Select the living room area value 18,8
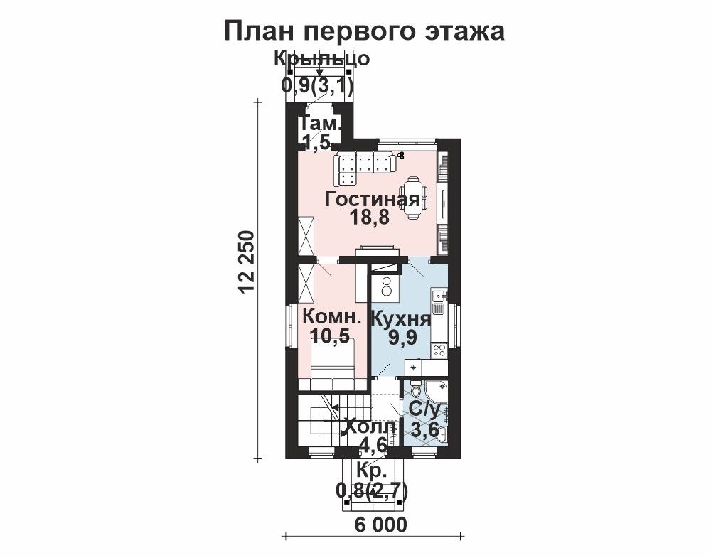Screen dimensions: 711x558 point(370,218)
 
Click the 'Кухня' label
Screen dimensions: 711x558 point(401,319)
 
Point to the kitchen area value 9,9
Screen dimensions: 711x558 point(402,337)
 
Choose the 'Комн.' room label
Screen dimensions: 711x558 point(332,316)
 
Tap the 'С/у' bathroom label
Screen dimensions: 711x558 point(424,410)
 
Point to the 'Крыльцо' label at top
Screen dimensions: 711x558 point(321,58)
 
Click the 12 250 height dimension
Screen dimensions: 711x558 point(246,263)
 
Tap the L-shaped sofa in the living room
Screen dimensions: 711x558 point(361,168)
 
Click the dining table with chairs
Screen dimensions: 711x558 point(413,198)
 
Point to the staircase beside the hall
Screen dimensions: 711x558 point(325,422)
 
